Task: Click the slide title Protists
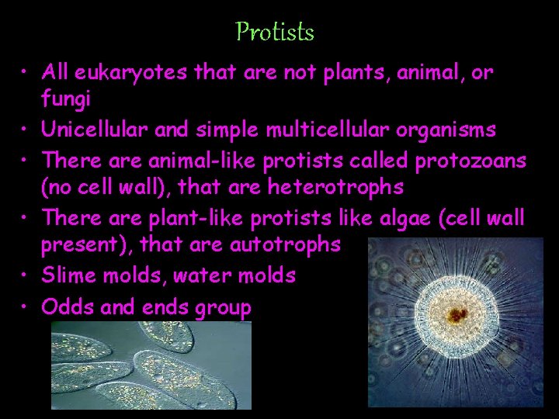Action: pyautogui.click(x=275, y=32)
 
